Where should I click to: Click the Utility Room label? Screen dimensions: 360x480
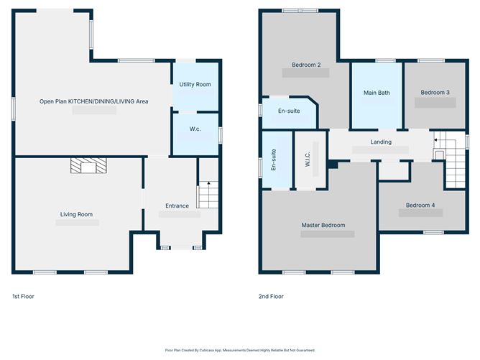195,85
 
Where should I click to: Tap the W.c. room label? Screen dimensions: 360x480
195,129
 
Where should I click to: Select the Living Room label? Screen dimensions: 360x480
76,214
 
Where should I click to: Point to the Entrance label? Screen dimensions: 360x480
177,206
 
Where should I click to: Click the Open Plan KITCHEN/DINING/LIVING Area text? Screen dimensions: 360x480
93,102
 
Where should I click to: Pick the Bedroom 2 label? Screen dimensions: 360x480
306,65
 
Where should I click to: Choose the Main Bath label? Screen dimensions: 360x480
377,92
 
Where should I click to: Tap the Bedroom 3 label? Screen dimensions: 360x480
435,92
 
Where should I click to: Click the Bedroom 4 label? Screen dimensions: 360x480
420,206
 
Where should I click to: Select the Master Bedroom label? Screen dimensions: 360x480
323,225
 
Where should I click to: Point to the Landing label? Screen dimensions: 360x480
381,142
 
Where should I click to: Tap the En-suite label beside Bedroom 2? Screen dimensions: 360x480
287,111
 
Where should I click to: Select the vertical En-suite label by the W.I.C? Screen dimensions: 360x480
274,161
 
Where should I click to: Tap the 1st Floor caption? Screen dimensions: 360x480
23,296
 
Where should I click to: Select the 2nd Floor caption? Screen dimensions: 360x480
271,296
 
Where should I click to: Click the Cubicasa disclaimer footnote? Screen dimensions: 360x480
240,350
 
